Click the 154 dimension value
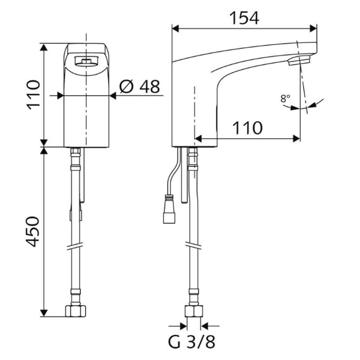244,18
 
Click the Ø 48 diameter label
139,87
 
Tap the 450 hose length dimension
33,231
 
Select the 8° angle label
285,99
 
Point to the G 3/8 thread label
192,342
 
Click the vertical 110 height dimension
33,95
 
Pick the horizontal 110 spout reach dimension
248,128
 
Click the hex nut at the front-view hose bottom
76,310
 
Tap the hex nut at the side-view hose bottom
194,311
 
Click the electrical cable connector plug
169,209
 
